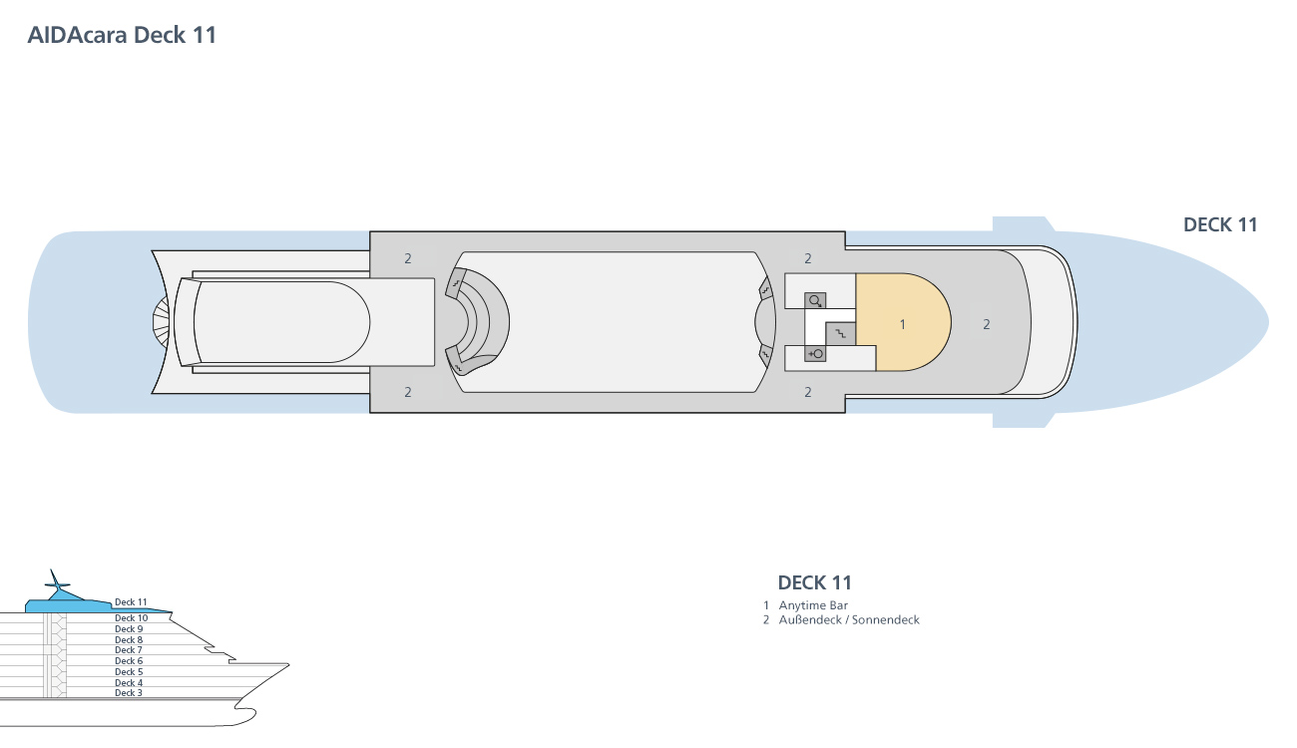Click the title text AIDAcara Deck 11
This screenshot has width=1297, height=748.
click(x=122, y=35)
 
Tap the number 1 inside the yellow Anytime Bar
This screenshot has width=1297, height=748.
click(x=902, y=325)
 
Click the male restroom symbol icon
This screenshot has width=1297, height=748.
click(x=815, y=301)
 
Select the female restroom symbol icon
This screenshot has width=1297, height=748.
click(x=815, y=353)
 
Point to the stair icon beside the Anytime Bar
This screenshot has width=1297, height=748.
click(x=840, y=333)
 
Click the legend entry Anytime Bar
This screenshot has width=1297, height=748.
click(x=813, y=605)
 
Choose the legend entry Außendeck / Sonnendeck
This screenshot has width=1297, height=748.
click(x=849, y=620)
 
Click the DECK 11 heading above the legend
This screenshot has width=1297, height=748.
click(x=815, y=582)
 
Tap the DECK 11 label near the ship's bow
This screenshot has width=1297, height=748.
click(x=1220, y=224)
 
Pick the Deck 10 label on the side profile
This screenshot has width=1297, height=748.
click(x=132, y=617)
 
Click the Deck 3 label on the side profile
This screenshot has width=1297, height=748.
click(x=129, y=693)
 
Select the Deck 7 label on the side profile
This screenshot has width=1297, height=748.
click(x=129, y=650)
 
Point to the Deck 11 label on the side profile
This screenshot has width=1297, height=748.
click(x=131, y=602)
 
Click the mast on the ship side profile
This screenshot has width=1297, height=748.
click(x=56, y=584)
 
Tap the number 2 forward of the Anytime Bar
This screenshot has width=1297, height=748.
click(x=987, y=325)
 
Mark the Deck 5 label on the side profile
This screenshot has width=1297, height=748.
click(x=129, y=671)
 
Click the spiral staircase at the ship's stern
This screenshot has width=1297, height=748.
click(x=162, y=322)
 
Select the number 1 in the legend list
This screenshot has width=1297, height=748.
click(x=766, y=605)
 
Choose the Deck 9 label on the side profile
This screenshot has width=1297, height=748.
click(x=129, y=628)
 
